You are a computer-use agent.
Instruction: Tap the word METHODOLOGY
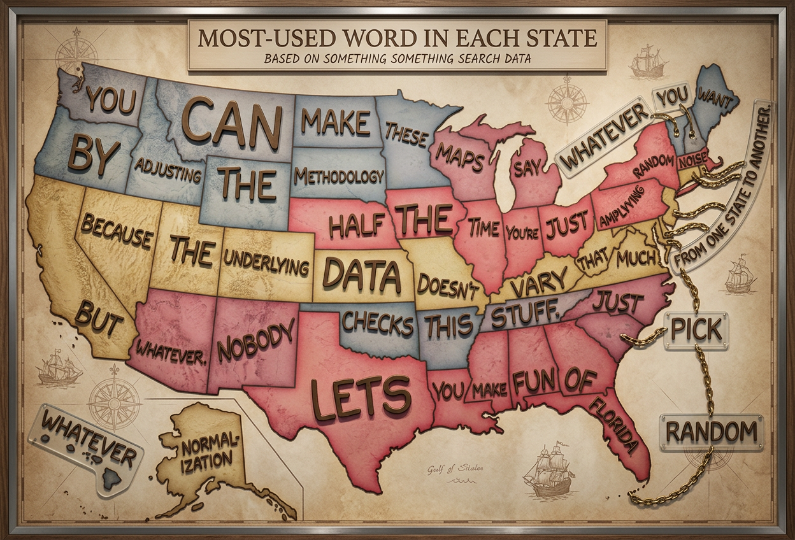pos(339,176)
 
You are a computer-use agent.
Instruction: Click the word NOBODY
pos(256,339)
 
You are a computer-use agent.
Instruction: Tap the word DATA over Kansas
pos(361,274)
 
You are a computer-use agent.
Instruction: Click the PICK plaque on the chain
pos(695,330)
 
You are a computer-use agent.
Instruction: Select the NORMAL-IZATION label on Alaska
pos(204,450)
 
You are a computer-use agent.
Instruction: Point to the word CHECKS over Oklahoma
pos(377,323)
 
